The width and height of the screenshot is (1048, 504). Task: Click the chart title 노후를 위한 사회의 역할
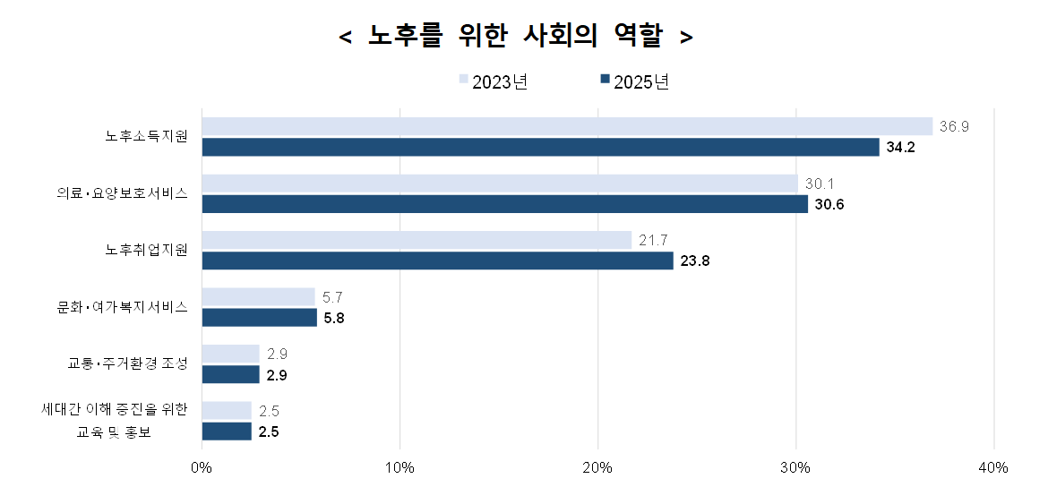pyautogui.click(x=517, y=37)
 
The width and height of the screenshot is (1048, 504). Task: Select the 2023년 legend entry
pyautogui.click(x=493, y=81)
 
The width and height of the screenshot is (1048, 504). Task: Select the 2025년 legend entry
pyautogui.click(x=635, y=81)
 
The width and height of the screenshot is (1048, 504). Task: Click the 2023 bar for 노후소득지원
pyautogui.click(x=567, y=126)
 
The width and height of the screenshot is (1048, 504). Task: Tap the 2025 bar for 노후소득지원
pyautogui.click(x=540, y=148)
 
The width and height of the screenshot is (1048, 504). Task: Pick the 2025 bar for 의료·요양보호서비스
pyautogui.click(x=504, y=204)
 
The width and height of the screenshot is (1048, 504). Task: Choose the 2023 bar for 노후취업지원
pyautogui.click(x=417, y=240)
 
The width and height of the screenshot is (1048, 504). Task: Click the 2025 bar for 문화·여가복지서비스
pyautogui.click(x=259, y=318)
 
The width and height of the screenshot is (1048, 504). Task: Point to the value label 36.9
pyautogui.click(x=954, y=126)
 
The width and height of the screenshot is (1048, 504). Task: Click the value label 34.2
pyautogui.click(x=900, y=148)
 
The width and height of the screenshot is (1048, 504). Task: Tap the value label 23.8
pyautogui.click(x=694, y=261)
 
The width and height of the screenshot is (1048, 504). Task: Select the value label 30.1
pyautogui.click(x=820, y=184)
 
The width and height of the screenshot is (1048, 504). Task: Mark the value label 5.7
pyautogui.click(x=333, y=296)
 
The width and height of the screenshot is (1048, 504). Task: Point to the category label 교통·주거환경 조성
pyautogui.click(x=128, y=363)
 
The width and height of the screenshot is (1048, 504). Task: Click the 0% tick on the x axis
pyautogui.click(x=202, y=468)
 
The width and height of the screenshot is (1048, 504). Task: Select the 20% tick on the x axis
pyautogui.click(x=597, y=468)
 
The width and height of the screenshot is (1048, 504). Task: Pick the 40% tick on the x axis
pyautogui.click(x=993, y=468)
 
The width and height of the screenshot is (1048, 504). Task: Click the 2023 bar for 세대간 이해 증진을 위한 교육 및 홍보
pyautogui.click(x=227, y=410)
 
